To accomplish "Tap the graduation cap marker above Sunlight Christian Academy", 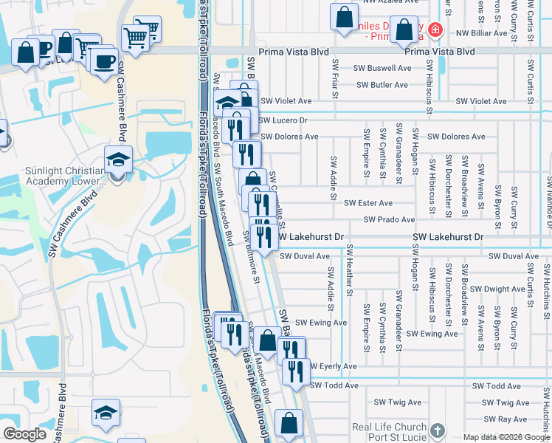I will pos(117,159).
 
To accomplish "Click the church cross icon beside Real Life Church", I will pos(437,430).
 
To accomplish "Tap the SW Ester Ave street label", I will pos(368,202).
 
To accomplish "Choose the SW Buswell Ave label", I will pos(383,68).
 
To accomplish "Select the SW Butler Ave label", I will pos(382,85).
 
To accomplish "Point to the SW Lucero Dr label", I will pos(283,120).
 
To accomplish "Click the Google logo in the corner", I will pos(24,434).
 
